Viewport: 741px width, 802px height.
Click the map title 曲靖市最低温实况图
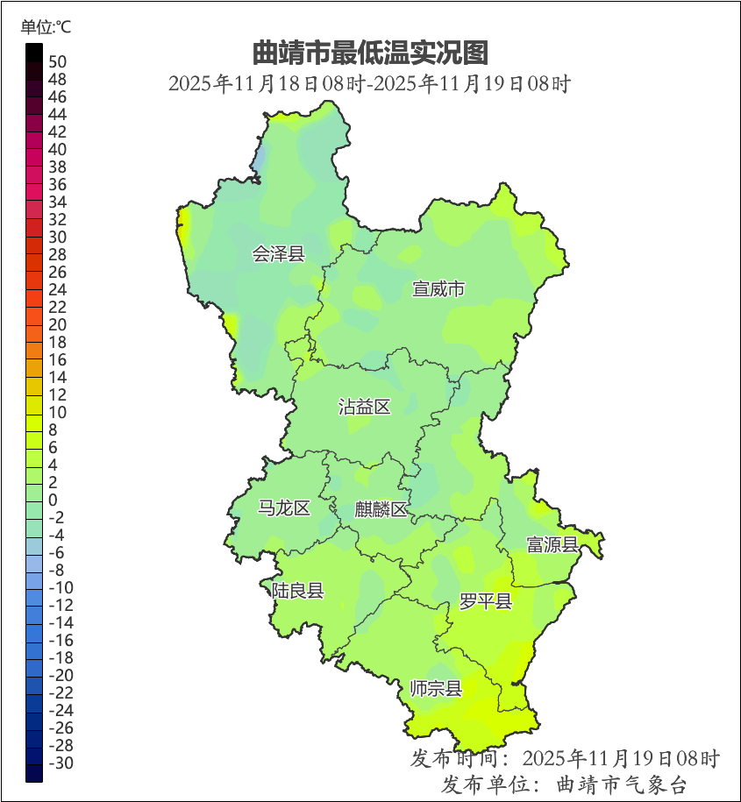click(369, 53)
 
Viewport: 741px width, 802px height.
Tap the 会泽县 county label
click(279, 255)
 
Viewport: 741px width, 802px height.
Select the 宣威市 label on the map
click(438, 289)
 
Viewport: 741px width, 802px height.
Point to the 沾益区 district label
click(365, 407)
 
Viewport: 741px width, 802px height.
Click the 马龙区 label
click(284, 508)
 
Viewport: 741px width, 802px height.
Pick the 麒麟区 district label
click(381, 510)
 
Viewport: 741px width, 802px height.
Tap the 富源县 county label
click(552, 545)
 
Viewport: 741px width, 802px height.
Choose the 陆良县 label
click(297, 591)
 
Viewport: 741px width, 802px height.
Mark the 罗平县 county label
click(486, 601)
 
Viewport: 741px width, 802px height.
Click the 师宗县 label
click(436, 689)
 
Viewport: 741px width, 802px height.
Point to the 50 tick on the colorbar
click(58, 61)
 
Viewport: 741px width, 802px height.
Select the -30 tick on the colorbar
click(61, 763)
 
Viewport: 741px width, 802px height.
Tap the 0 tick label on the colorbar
click(53, 500)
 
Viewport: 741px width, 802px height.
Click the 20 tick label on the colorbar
click(58, 324)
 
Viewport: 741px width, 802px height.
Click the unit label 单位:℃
click(46, 27)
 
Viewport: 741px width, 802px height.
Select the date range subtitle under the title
click(369, 85)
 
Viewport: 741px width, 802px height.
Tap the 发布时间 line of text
click(565, 757)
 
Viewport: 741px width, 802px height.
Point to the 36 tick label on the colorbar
click(58, 184)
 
